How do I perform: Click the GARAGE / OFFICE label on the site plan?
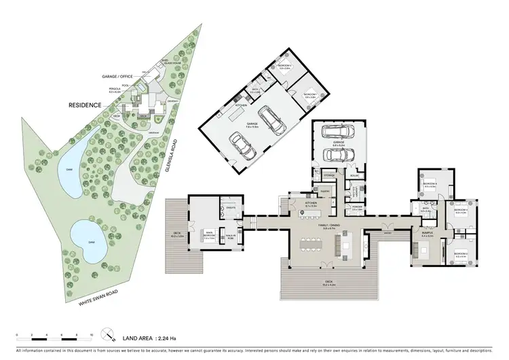[x=116, y=78]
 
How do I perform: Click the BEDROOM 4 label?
[x=430, y=185]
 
